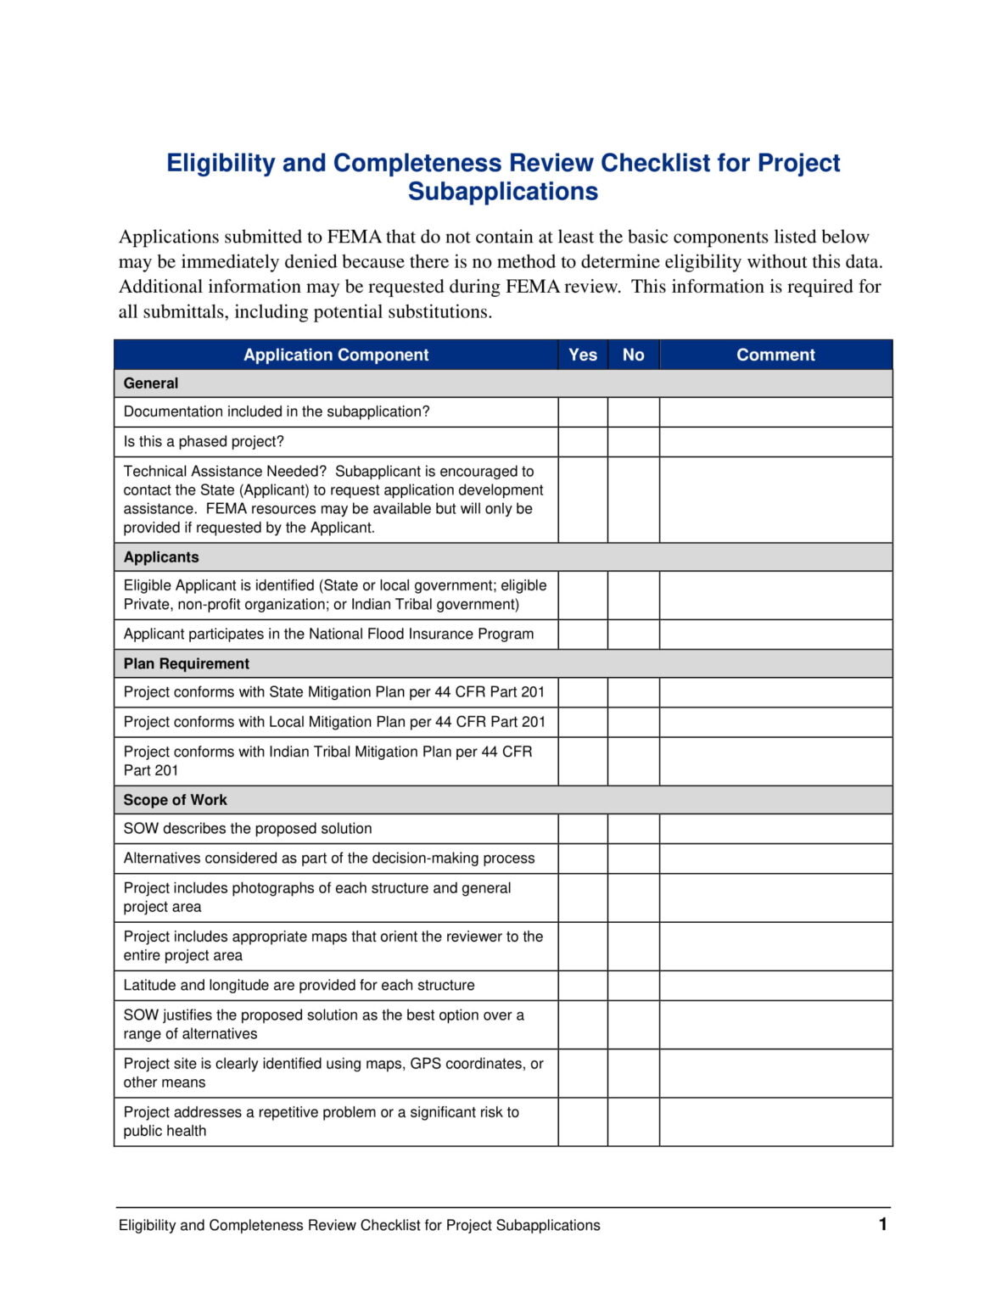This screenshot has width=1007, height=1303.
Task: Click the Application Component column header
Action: pos(336,355)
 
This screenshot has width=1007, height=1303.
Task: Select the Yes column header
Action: pos(582,355)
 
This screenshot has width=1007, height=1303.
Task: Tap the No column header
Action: pos(633,355)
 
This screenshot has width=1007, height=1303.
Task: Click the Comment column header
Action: pos(775,355)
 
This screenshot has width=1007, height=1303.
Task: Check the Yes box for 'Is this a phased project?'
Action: pos(582,441)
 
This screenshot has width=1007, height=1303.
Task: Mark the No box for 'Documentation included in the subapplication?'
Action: pos(633,411)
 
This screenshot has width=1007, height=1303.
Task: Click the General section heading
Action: pos(151,383)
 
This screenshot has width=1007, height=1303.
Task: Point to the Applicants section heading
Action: pos(161,557)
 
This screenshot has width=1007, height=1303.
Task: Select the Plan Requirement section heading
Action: pos(187,663)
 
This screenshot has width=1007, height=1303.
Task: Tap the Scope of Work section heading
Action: pos(175,800)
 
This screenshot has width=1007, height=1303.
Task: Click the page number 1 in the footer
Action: pos(882,1223)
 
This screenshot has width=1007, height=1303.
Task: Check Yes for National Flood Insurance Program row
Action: pos(582,634)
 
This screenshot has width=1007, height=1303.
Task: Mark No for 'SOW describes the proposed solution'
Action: pos(633,829)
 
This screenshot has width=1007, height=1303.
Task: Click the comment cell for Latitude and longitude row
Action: pos(775,985)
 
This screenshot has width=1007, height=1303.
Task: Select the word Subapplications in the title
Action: pos(502,192)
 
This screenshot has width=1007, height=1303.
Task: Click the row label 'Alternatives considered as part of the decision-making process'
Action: pos(329,858)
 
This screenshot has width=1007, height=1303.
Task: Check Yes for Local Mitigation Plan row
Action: pos(582,722)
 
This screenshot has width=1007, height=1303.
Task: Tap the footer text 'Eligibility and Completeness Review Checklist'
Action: pos(359,1225)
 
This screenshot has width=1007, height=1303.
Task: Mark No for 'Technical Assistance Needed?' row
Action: pos(633,499)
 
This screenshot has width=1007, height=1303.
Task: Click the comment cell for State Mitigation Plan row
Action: pos(775,692)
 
